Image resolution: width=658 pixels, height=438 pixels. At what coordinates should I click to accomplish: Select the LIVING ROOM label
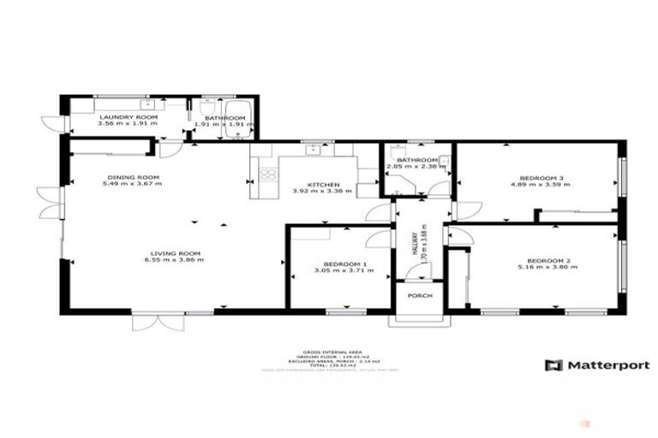pos(176,252)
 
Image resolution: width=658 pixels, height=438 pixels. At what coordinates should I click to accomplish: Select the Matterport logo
pos(597,365)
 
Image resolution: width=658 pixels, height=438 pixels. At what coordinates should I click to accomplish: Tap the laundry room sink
pos(148,106)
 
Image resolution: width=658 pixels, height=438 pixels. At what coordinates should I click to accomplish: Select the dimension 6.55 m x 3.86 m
pos(176,260)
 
